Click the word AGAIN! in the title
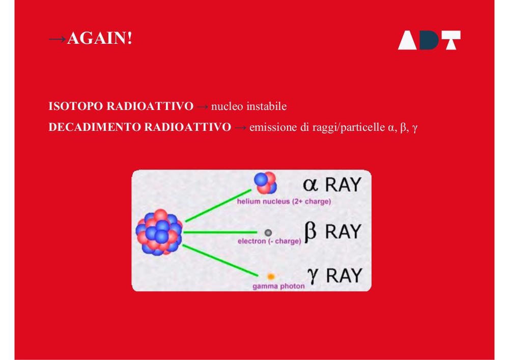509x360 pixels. [100, 38]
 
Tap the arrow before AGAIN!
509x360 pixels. [58, 39]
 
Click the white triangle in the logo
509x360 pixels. [407, 40]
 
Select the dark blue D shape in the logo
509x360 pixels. [429, 40]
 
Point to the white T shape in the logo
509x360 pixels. [450, 40]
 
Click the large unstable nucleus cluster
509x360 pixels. [159, 232]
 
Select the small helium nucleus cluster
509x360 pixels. [265, 183]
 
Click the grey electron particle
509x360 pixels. [268, 233]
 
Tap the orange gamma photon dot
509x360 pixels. [271, 276]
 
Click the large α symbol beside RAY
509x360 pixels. [310, 185]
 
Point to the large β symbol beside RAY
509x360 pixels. [310, 232]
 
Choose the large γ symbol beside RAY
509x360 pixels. [313, 276]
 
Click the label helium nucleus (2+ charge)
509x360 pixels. [284, 201]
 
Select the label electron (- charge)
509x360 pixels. [269, 241]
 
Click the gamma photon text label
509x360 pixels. [278, 286]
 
